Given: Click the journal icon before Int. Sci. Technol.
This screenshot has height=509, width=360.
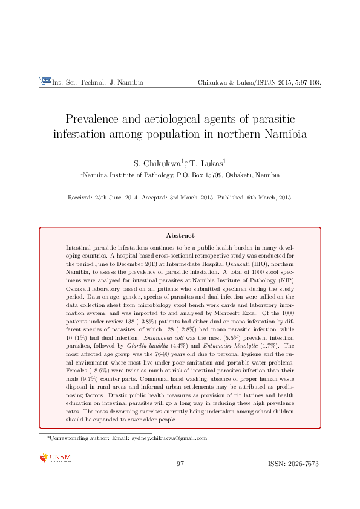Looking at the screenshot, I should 45,80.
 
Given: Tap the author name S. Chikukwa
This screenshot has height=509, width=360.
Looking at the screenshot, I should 157,163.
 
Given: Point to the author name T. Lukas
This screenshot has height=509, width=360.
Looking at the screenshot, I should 208,163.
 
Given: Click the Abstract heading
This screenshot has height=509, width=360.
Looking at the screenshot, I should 180,236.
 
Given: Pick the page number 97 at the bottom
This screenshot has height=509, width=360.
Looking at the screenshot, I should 180,464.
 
